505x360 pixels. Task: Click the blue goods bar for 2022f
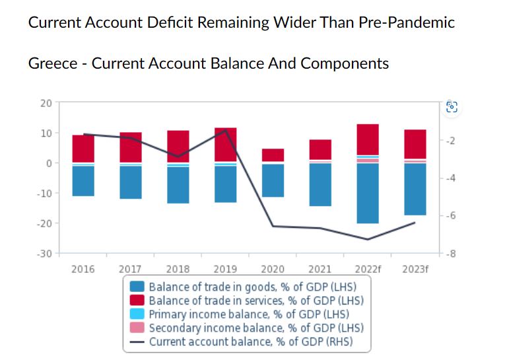tap(368, 193)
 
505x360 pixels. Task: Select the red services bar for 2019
tap(225, 144)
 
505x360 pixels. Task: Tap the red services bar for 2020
tap(273, 155)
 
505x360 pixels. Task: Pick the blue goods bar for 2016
tap(83, 180)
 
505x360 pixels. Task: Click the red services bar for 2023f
tap(415, 144)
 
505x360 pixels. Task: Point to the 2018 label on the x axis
tap(178, 269)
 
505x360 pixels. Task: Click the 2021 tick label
tap(320, 269)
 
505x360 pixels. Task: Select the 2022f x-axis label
tap(368, 269)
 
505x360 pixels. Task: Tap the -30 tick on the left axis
tap(44, 254)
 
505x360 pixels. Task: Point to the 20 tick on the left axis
tap(46, 102)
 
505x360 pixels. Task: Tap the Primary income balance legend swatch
tap(137, 314)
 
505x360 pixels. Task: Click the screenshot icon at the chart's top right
tap(452, 107)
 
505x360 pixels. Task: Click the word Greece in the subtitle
tap(52, 63)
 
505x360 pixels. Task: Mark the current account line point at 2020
tap(273, 227)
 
